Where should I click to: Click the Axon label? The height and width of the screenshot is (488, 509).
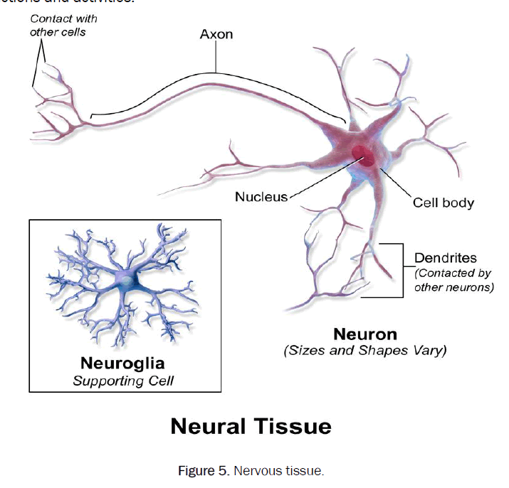tap(216, 33)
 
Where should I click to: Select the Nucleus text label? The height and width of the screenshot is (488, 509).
tap(261, 196)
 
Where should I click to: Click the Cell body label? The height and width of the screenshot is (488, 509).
tap(444, 203)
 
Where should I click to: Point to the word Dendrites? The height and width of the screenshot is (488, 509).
tap(446, 258)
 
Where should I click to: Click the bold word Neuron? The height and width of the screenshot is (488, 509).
tap(365, 334)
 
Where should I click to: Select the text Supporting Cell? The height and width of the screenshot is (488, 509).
tap(123, 381)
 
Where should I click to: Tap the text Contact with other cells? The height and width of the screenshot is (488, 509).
tap(63, 25)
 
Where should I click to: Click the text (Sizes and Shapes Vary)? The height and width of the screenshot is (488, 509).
tap(365, 351)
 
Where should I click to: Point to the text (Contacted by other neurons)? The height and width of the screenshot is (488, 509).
tap(453, 281)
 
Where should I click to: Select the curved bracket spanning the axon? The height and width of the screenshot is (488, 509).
tap(216, 74)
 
